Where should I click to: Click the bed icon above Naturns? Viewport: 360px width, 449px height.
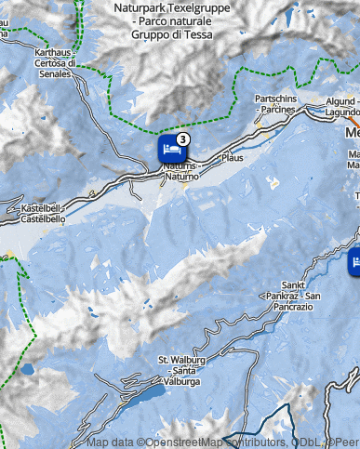[x=167, y=149]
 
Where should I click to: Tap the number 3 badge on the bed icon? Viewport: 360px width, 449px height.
[x=182, y=139]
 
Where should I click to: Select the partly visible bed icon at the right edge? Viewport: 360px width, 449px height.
[x=354, y=264]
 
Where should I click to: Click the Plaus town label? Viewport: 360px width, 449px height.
[x=232, y=158]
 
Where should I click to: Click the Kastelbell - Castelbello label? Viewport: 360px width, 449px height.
[x=42, y=215]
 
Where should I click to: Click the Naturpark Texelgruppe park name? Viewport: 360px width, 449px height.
[x=165, y=7]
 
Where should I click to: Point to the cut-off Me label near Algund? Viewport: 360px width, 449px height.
[x=352, y=132]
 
